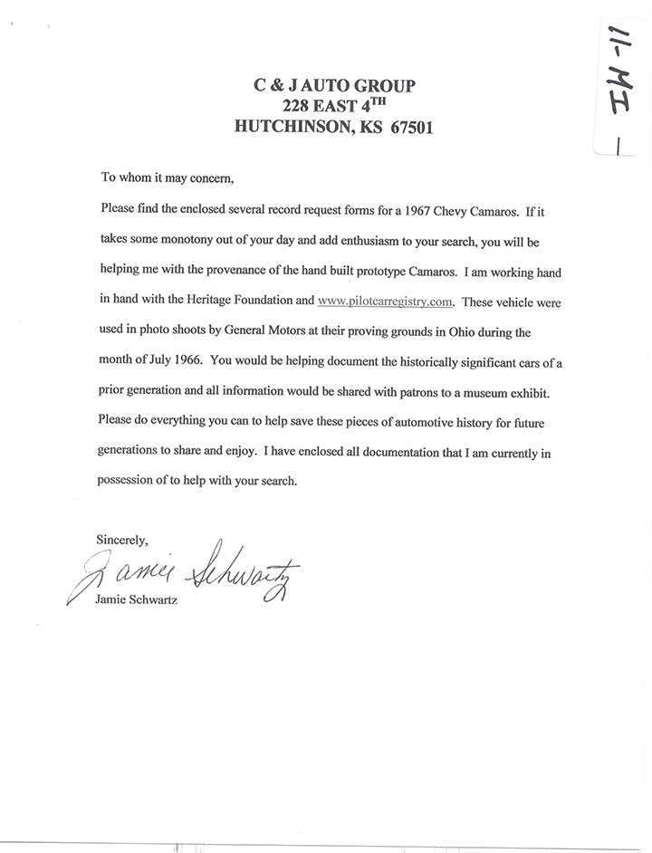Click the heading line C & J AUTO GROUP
point(334,86)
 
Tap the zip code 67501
point(405,128)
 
